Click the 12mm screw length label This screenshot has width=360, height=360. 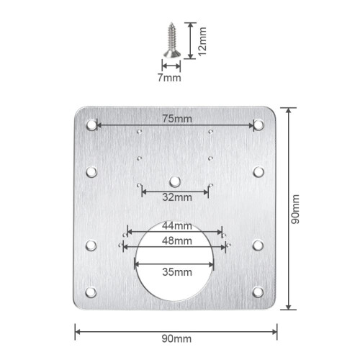pos(202,41)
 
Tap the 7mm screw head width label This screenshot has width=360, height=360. pos(169,78)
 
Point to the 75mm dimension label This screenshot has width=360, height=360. pos(177,119)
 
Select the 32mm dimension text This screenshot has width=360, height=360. pos(177,197)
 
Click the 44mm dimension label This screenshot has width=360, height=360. pos(177,226)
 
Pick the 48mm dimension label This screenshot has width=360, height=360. pos(177,240)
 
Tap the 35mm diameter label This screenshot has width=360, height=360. pos(177,272)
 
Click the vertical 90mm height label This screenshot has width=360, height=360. pos(295,210)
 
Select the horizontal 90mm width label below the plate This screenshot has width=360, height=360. pos(176,339)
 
